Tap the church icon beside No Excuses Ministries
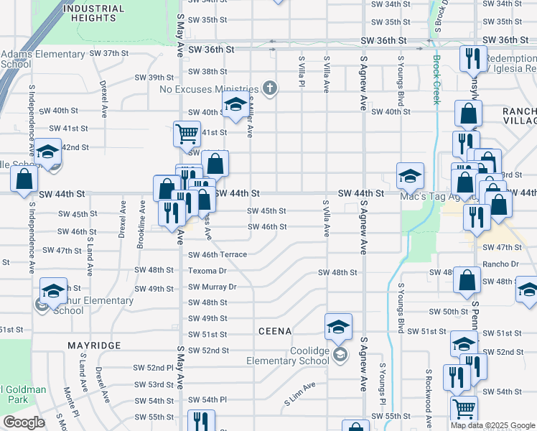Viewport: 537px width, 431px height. (x=270, y=88)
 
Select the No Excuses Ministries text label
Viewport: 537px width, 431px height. (x=208, y=89)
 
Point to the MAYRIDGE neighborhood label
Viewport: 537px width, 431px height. (x=94, y=346)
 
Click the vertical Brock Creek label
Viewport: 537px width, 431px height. (x=435, y=80)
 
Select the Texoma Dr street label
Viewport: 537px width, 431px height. (x=207, y=272)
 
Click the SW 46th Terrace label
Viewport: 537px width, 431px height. (x=217, y=255)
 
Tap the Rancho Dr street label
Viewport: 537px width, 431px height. (x=502, y=264)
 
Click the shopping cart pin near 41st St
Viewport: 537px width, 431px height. (x=187, y=133)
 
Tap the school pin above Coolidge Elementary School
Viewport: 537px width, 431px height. (x=339, y=328)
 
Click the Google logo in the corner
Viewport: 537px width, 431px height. (x=24, y=422)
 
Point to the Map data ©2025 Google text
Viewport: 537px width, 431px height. (x=492, y=425)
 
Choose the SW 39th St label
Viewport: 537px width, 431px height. (x=155, y=77)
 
